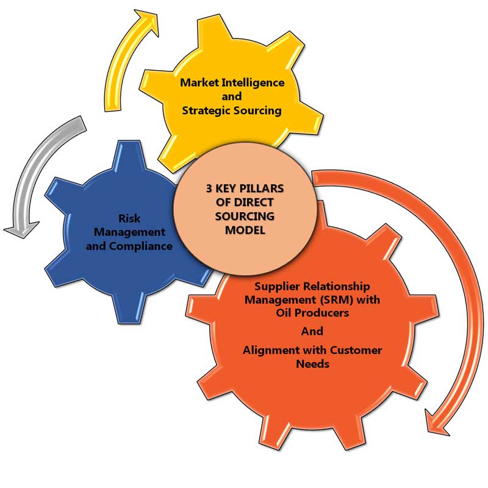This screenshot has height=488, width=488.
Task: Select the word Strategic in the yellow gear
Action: tap(206, 110)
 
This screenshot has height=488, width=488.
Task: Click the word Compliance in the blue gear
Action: tap(142, 246)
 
